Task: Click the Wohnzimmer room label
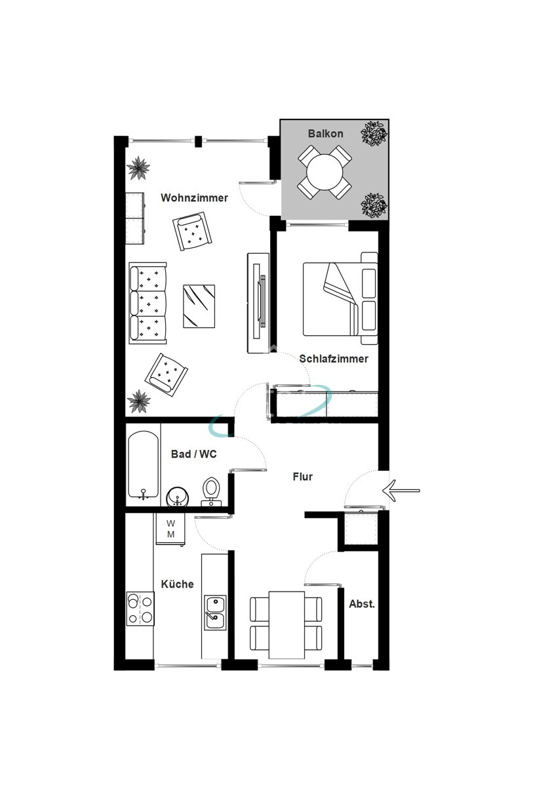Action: [195, 197]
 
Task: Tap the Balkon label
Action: [325, 134]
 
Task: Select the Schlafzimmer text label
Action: [334, 359]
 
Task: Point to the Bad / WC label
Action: [193, 453]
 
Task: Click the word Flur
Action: [302, 477]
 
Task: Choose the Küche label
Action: [178, 584]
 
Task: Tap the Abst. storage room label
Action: [362, 604]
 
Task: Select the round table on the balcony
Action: [325, 172]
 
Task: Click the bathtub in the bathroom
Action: [143, 464]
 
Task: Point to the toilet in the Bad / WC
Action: [211, 490]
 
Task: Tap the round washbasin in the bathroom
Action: [177, 497]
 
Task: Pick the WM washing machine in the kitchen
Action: [170, 529]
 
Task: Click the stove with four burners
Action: [140, 609]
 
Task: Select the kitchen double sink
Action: [214, 612]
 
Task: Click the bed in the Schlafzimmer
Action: [340, 299]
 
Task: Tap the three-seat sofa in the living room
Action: [148, 303]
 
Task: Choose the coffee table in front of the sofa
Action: [199, 306]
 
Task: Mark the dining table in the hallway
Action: [287, 624]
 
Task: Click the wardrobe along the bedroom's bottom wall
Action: [326, 402]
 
